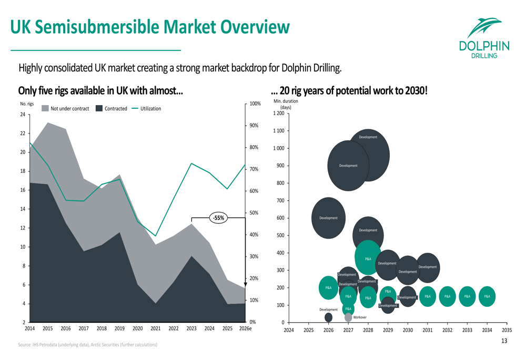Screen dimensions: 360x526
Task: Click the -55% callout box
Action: click(218, 218)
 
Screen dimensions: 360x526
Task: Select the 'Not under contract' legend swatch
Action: click(45, 108)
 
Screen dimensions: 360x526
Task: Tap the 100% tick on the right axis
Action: click(255, 104)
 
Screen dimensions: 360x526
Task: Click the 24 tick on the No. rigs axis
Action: click(23, 114)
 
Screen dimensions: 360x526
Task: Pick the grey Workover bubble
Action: click(348, 317)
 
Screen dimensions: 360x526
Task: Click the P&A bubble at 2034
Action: click(487, 296)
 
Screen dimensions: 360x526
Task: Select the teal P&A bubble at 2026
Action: click(328, 287)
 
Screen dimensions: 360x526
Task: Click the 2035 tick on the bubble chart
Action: click(507, 331)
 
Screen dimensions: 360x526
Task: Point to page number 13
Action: click(504, 341)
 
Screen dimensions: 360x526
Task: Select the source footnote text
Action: click(87, 345)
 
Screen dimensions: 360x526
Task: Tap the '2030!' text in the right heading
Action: click(415, 90)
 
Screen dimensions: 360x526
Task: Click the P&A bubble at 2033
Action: click(467, 296)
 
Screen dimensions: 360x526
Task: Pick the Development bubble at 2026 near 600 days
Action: click(328, 218)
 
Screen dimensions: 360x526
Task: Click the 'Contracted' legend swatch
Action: click(99, 108)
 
